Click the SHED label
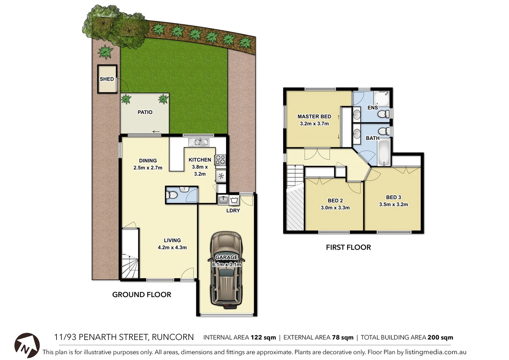(107, 79)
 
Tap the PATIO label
(145, 112)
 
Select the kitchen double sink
(199, 142)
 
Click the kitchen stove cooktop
(220, 160)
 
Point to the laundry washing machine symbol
(234, 200)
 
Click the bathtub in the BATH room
(384, 153)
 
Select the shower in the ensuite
(381, 97)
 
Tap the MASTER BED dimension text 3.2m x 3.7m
(314, 124)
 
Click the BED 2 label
(335, 200)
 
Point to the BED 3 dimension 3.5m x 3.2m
(393, 204)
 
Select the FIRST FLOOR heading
(348, 247)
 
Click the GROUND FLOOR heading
(142, 295)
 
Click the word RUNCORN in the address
(173, 337)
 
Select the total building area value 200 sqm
(440, 337)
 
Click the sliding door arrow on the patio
(156, 132)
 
